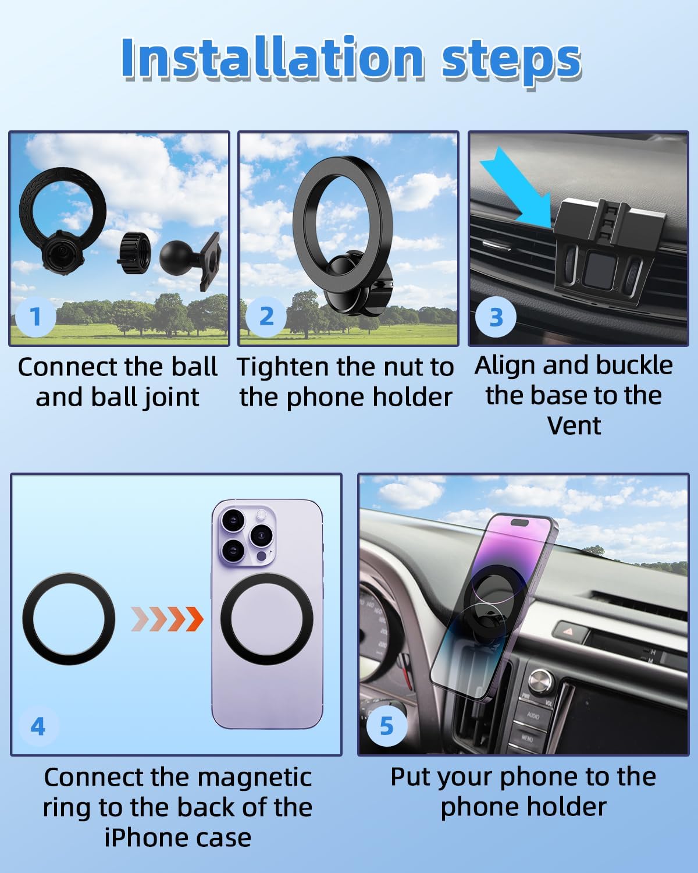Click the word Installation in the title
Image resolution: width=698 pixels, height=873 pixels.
coord(273,58)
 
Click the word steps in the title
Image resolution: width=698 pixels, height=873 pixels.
coord(511,61)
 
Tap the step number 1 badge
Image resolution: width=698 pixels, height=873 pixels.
coord(35,317)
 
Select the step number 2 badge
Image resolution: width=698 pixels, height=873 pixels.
coord(266,317)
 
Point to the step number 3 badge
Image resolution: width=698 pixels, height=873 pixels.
coord(496,317)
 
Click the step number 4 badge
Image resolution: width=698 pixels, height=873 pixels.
coord(38,726)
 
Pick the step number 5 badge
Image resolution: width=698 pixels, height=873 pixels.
coord(386,726)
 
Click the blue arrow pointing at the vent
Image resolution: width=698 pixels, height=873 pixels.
coord(516,187)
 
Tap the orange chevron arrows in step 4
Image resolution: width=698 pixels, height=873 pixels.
coord(167,619)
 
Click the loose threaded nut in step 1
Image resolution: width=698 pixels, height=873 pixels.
coord(134,253)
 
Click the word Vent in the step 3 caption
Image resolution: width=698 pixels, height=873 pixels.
coord(574,425)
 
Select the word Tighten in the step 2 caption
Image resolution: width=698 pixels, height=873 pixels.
coord(283,368)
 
